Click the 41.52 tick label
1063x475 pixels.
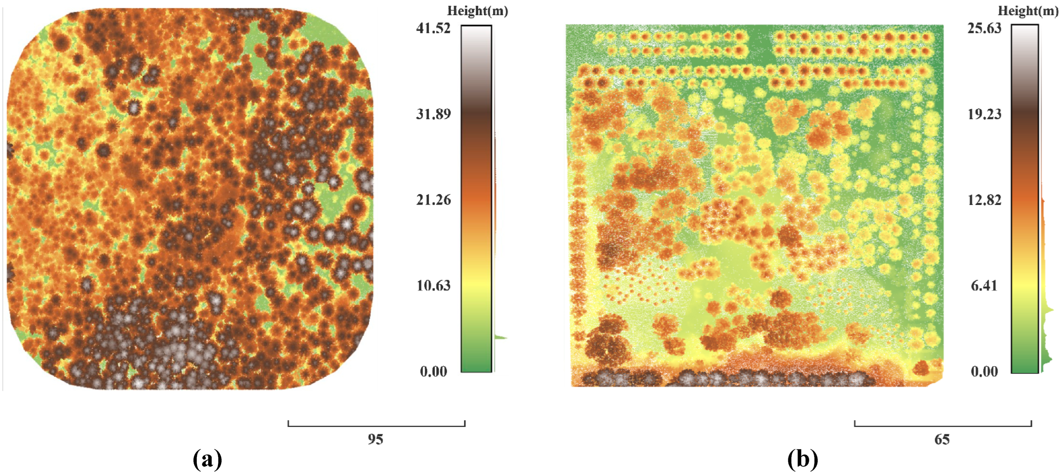[433, 29]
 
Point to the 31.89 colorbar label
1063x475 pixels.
[433, 114]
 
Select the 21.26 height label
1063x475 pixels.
[433, 200]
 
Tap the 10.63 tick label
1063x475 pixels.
[433, 286]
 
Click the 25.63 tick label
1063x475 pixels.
[984, 29]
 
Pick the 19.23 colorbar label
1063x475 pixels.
[984, 114]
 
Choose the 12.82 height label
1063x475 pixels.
[984, 200]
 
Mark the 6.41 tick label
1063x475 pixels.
[984, 286]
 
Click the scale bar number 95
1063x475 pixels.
[375, 440]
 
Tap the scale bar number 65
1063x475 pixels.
[942, 440]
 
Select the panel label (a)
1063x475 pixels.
[207, 459]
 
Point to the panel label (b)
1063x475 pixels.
[803, 459]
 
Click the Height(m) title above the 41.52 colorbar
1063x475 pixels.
[477, 11]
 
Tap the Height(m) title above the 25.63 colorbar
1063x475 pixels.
[1028, 11]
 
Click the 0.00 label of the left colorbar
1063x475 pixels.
[433, 372]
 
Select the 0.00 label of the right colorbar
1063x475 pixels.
[984, 372]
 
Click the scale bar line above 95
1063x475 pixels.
[377, 425]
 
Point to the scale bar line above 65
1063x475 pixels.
[943, 425]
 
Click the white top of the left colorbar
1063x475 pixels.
[476, 33]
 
